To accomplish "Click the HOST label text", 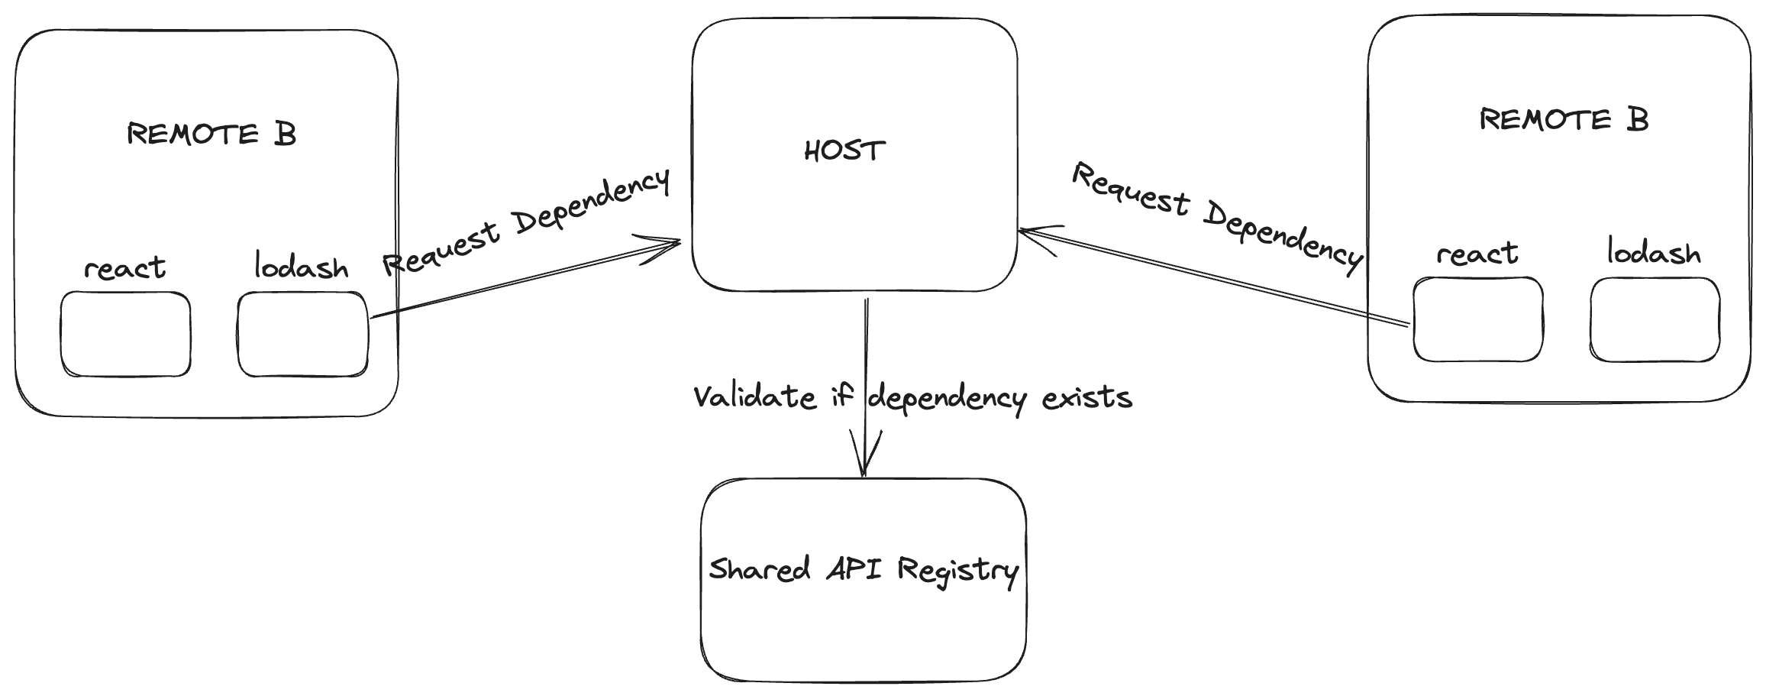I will click(844, 151).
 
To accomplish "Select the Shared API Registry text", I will click(863, 570).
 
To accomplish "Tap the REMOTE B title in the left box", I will click(211, 134).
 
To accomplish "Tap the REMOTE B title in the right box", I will click(1564, 120).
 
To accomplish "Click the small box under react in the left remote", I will click(125, 334).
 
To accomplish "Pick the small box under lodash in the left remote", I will click(302, 334).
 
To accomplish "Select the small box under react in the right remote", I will click(1477, 319).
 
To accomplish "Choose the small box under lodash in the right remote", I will click(1655, 319).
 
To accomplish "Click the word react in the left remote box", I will click(124, 268).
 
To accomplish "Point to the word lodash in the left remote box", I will click(301, 267).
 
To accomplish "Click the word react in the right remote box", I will click(1477, 254).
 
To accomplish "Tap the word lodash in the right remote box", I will click(1654, 253).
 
